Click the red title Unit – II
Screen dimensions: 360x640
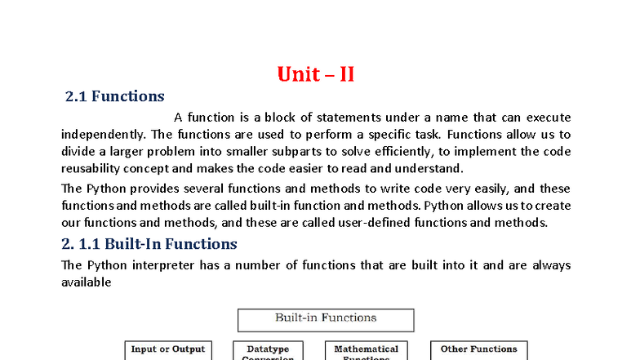tap(315, 74)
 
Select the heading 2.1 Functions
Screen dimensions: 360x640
tap(114, 96)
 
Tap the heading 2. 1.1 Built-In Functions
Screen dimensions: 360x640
tap(149, 243)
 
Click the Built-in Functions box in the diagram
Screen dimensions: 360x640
tap(325, 318)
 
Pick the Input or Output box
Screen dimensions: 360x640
tap(168, 350)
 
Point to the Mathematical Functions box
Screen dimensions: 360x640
tap(366, 352)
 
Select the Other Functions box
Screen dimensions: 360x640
tap(478, 350)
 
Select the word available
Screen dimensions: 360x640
tap(86, 282)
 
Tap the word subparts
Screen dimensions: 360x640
tap(331, 152)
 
